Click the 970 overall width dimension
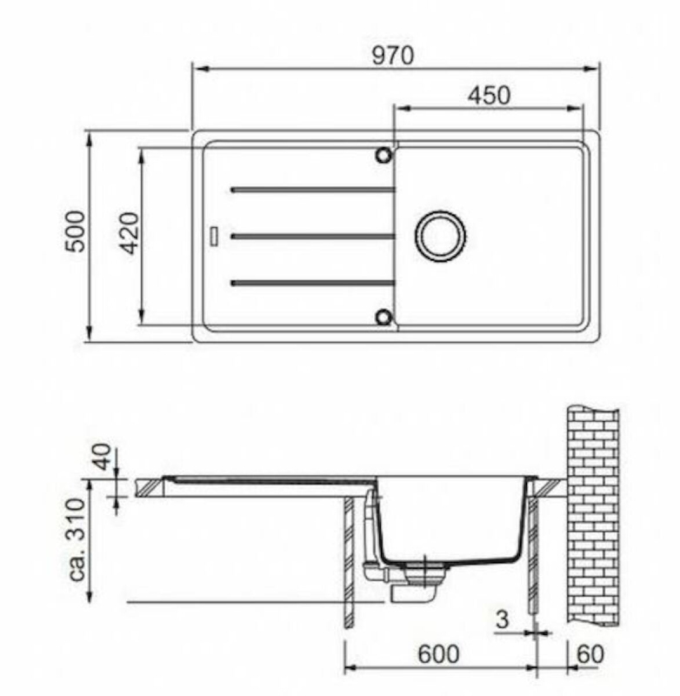point(393,56)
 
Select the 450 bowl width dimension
point(489,95)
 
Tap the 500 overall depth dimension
point(75,231)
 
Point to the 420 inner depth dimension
point(130,233)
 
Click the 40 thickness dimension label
point(103,456)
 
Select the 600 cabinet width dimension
point(438,654)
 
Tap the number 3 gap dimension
point(502,619)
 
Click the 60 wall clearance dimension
point(590,654)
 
